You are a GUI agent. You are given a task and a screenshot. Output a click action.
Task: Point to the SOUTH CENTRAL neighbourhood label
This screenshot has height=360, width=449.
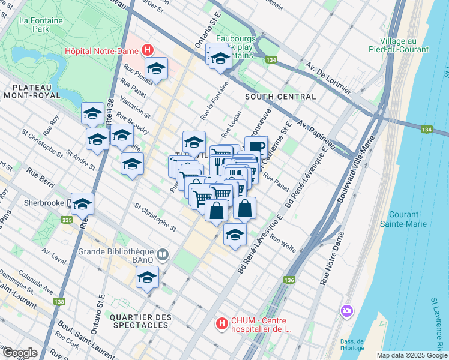coord(280,97)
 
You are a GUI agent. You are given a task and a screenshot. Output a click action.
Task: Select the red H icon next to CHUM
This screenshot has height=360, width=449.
coord(222,324)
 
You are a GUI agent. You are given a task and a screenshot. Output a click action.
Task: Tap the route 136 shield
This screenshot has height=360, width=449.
coord(289,280)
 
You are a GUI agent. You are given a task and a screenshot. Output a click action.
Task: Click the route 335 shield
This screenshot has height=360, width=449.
coord(67,221)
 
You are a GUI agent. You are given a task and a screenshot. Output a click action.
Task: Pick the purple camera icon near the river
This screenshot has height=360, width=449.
coord(346,310)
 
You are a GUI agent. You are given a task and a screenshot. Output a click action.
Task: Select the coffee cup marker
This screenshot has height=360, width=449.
coord(256,146)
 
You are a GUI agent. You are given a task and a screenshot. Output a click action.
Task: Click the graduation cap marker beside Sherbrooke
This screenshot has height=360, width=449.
coord(82,203)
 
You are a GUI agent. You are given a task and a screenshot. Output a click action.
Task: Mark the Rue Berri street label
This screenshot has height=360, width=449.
coord(40,179)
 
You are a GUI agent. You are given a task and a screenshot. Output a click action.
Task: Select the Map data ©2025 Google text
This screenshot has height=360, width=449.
coord(411,355)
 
